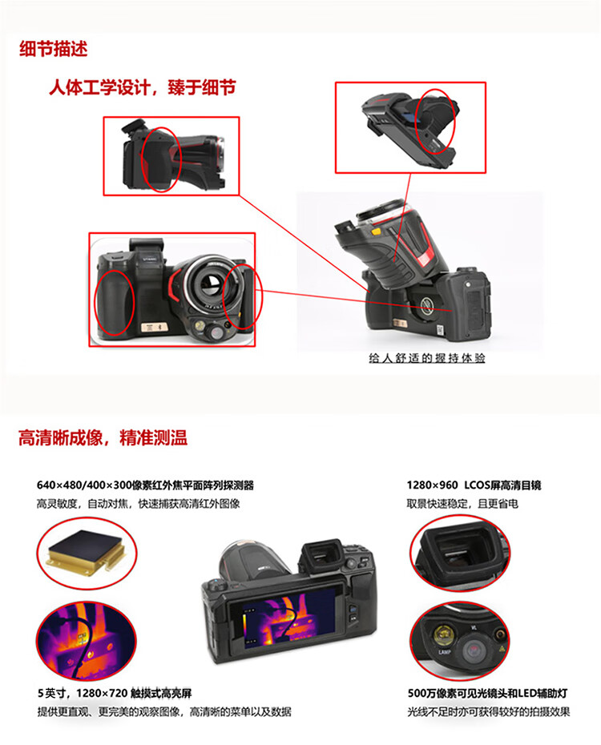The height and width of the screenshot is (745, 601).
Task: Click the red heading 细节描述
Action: pyautogui.click(x=53, y=49)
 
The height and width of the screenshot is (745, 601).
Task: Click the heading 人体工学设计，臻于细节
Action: pyautogui.click(x=143, y=87)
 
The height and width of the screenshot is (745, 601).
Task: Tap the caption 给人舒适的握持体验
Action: pyautogui.click(x=426, y=358)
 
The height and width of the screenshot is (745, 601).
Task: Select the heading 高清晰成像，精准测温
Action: pyautogui.click(x=103, y=437)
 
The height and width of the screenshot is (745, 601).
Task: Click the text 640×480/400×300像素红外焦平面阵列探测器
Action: pyautogui.click(x=145, y=485)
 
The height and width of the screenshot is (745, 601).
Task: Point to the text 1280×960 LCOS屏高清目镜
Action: pyautogui.click(x=474, y=485)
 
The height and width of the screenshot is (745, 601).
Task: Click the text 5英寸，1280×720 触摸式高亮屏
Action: pyautogui.click(x=115, y=693)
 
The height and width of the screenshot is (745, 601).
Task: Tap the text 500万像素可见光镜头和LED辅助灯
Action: pyautogui.click(x=487, y=693)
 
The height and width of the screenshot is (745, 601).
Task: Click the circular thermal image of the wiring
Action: pyautogui.click(x=87, y=639)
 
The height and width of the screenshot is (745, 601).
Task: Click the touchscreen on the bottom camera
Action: pyautogui.click(x=286, y=621)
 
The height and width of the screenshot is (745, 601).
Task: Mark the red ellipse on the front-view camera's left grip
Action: pyautogui.click(x=95, y=303)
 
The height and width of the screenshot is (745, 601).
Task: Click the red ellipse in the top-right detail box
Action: pyautogui.click(x=417, y=121)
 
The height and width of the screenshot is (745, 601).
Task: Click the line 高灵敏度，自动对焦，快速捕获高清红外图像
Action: pyautogui.click(x=139, y=504)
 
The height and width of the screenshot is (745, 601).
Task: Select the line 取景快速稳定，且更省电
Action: pyautogui.click(x=462, y=504)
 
